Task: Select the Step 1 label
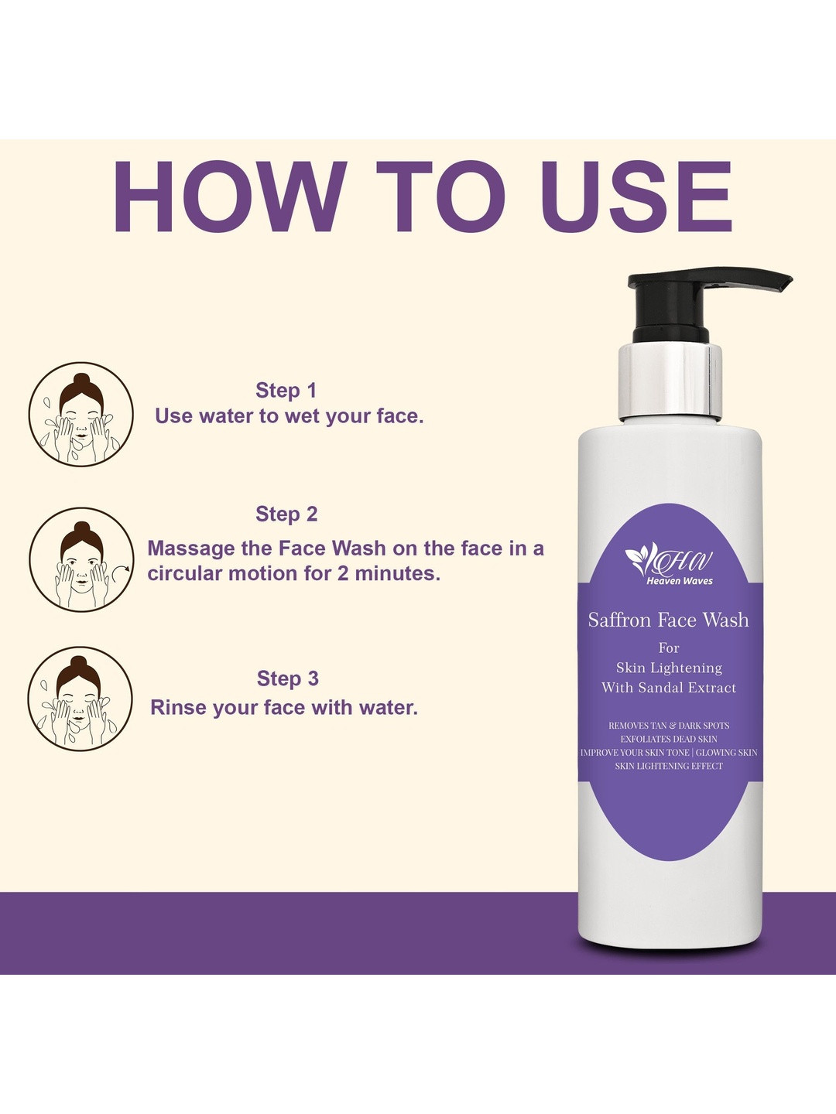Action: click(x=286, y=390)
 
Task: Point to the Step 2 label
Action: click(x=286, y=514)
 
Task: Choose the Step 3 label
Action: click(x=288, y=678)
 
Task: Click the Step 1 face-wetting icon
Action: click(x=81, y=414)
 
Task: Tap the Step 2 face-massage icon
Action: click(x=81, y=559)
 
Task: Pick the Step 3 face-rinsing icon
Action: click(x=81, y=699)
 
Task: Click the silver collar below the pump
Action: click(x=670, y=381)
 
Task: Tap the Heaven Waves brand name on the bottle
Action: click(x=679, y=581)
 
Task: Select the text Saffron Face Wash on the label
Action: click(x=669, y=620)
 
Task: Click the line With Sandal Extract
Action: click(x=669, y=688)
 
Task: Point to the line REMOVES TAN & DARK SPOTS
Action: click(x=669, y=726)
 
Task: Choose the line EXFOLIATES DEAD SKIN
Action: click(x=669, y=739)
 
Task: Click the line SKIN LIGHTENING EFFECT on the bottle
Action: click(x=669, y=766)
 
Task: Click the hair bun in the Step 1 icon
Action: click(x=81, y=381)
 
